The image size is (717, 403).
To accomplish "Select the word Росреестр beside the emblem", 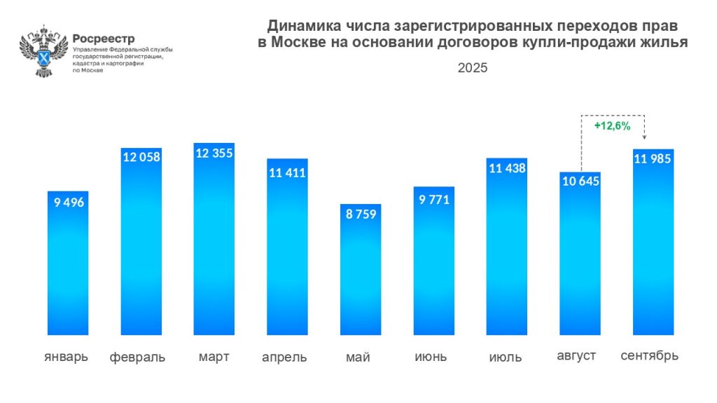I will point(104,39).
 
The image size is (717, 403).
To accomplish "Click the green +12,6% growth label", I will point(612,126).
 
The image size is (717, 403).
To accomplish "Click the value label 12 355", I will point(214,153).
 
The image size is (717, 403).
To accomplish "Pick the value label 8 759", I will point(361,214).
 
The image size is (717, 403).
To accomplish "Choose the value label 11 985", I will point(653,158).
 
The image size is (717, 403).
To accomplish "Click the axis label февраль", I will point(137,357).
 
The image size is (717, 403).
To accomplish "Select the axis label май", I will point(358,357).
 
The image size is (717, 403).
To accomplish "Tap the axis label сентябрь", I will point(650,356).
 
